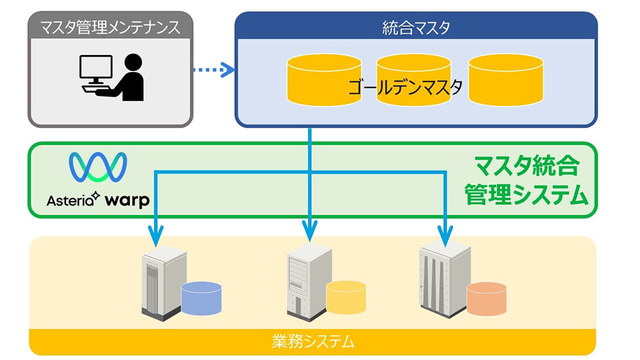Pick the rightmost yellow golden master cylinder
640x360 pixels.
pos(505,80)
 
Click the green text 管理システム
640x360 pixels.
pos(526,196)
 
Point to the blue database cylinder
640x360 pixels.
pos(202,298)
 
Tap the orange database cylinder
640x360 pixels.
pos(487,299)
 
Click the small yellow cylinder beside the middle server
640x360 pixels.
pos(346,297)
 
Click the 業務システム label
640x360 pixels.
pos(312,342)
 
